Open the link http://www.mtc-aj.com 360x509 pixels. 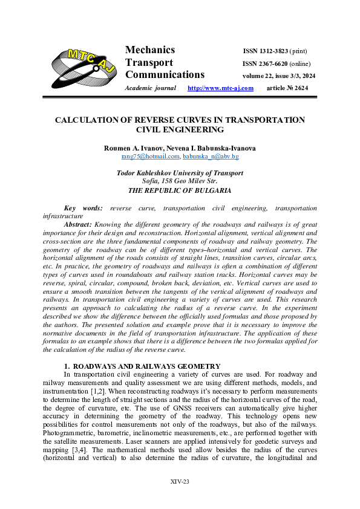click(220, 88)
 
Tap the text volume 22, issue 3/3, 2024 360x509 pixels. click(279, 76)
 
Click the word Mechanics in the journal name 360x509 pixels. click(150, 50)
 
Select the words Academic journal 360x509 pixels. click(150, 88)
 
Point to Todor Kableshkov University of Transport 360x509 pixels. click(180, 173)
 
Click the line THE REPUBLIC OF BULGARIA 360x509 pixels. click(180, 190)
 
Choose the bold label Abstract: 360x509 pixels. click(77, 224)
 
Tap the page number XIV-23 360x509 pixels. click(180, 481)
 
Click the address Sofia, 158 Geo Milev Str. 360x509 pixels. click(180, 181)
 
